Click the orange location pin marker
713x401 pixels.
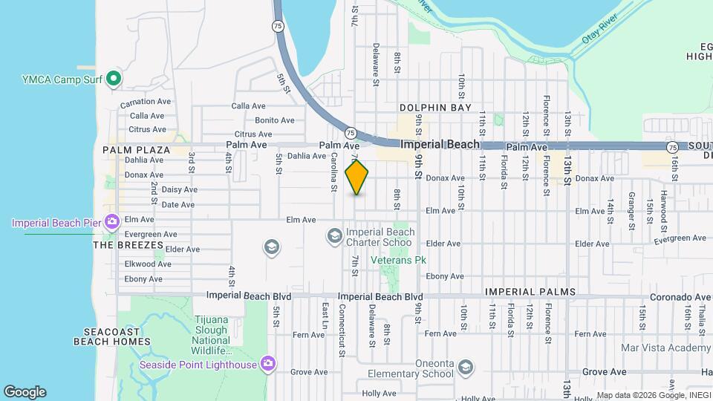click(x=357, y=177)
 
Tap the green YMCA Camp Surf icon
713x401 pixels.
click(x=113, y=77)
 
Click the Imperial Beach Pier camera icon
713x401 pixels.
click(x=112, y=221)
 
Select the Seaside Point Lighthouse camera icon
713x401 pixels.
click(x=267, y=364)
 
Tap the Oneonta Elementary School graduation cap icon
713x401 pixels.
click(x=465, y=368)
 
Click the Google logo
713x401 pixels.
click(x=25, y=392)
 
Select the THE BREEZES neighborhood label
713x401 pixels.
click(x=128, y=244)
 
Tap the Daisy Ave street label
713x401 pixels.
click(x=178, y=190)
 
